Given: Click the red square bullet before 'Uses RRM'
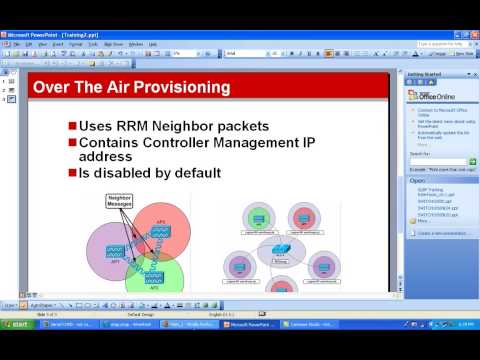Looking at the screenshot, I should pyautogui.click(x=72, y=125).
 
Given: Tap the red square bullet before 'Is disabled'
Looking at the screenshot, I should pyautogui.click(x=72, y=172).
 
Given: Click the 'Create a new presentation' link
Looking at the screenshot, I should pyautogui.click(x=440, y=232).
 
